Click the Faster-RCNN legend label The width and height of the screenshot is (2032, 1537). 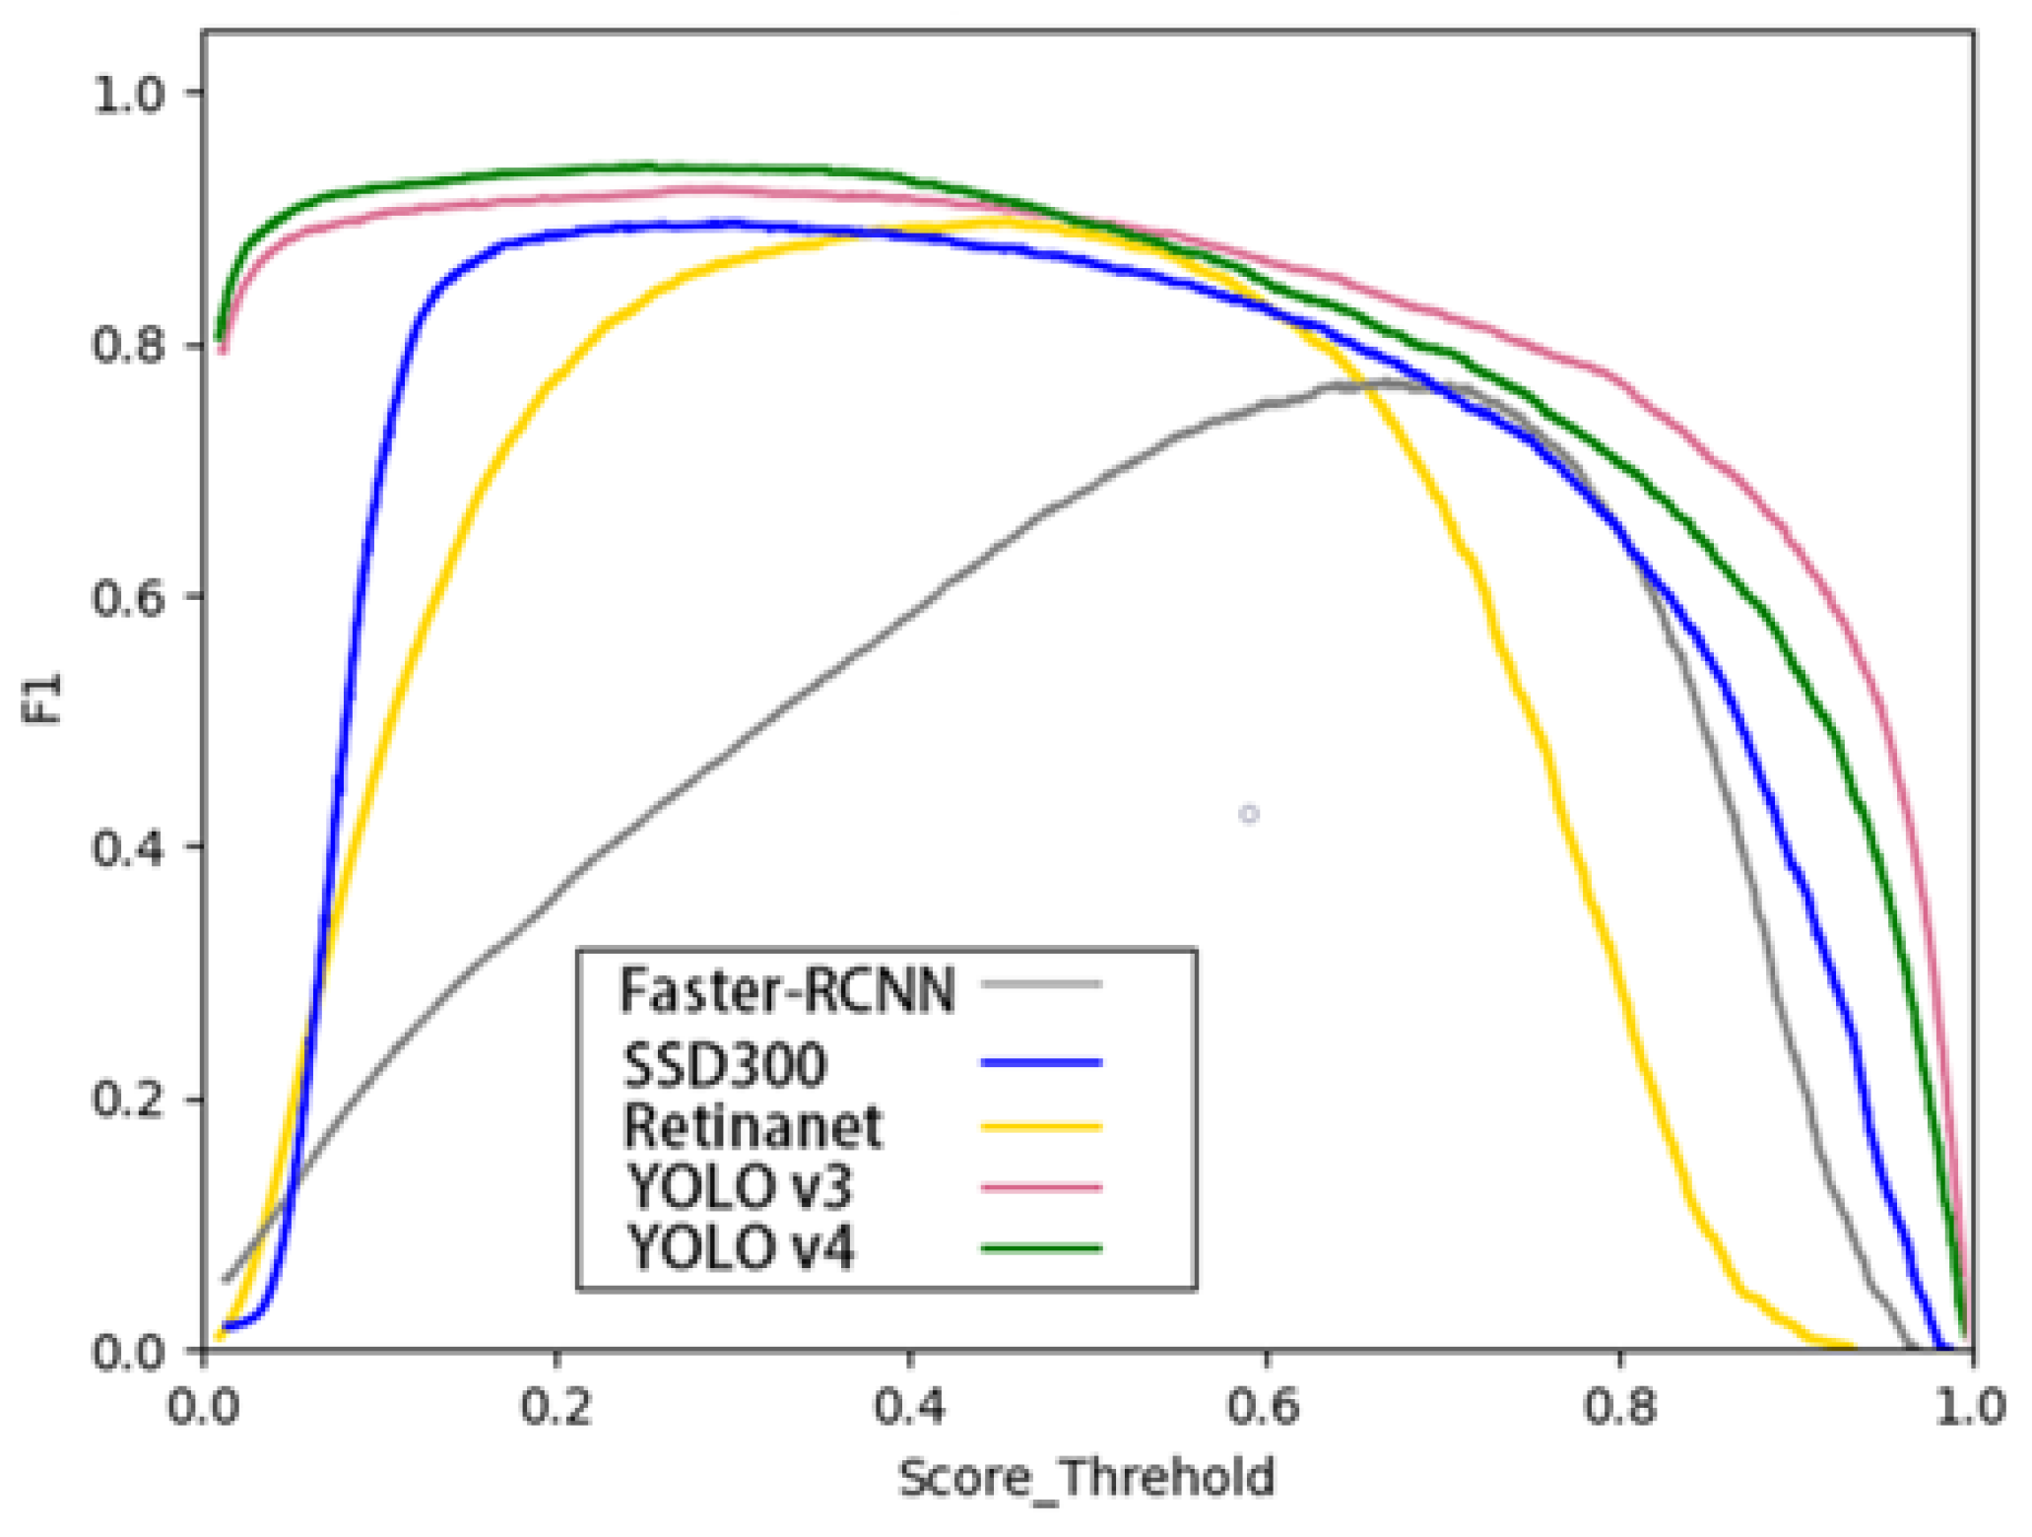click(786, 989)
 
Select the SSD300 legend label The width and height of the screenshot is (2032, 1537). click(725, 1064)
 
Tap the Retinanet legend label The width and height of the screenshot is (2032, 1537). click(753, 1126)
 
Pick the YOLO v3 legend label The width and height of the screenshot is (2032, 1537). click(739, 1186)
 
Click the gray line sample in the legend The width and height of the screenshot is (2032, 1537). click(1041, 983)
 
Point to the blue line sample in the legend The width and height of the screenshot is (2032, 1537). click(1041, 1062)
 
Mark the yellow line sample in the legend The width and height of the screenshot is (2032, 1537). click(1041, 1126)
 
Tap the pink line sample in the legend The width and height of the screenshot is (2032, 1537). click(1041, 1187)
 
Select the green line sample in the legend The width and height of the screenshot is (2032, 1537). click(1041, 1248)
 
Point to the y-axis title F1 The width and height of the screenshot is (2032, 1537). click(41, 698)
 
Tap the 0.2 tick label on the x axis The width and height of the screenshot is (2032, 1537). click(557, 1406)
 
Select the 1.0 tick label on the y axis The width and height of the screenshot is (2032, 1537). click(128, 95)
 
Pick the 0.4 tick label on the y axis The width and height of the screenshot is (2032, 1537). click(128, 848)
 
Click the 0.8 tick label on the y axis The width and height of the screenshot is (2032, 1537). click(128, 346)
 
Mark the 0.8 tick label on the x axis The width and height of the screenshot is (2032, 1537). click(1620, 1406)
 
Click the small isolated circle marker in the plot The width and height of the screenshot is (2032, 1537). click(1249, 814)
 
